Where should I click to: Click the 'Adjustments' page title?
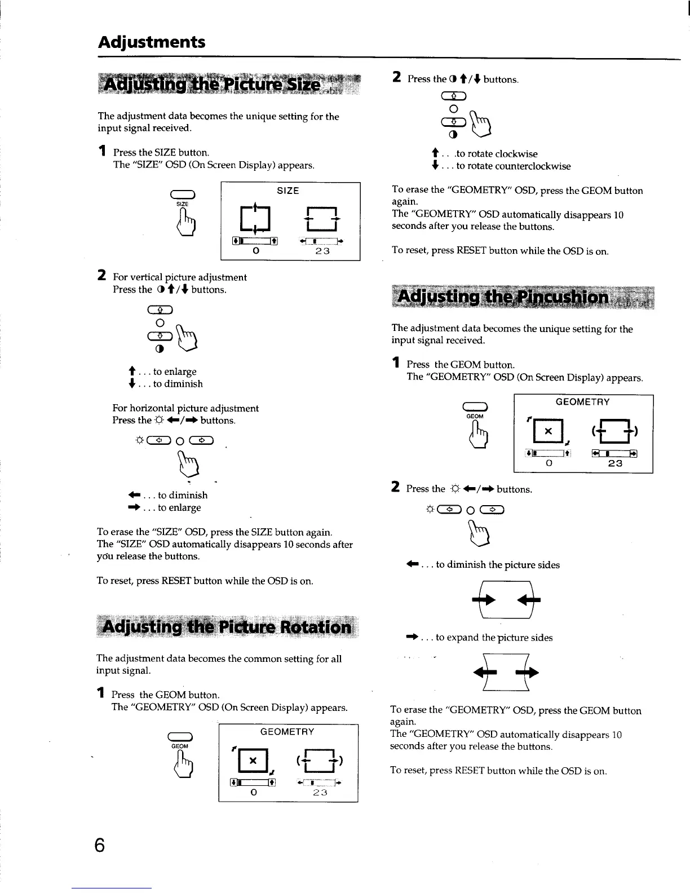(152, 42)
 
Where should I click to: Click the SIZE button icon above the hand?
(182, 196)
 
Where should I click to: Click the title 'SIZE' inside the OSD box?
(287, 191)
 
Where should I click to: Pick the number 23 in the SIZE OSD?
(322, 251)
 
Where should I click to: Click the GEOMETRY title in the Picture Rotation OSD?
(287, 732)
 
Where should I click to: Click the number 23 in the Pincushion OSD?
(615, 463)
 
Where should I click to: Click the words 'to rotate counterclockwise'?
(513, 166)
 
